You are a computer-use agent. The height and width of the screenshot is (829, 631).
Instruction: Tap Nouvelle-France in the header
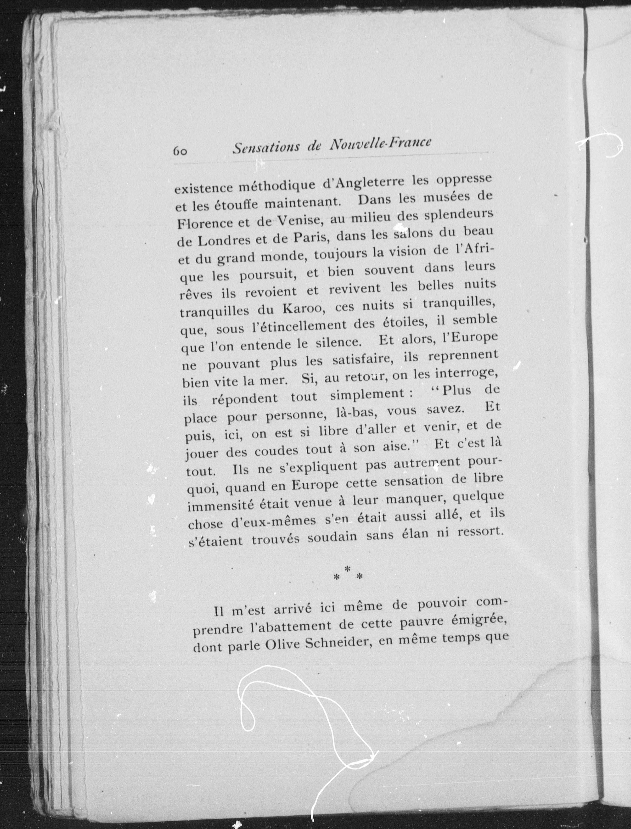pyautogui.click(x=379, y=144)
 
